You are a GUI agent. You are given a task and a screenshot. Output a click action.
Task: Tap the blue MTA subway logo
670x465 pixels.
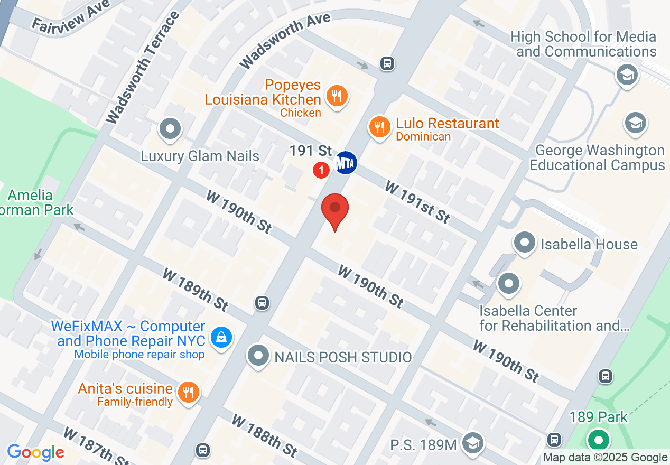click(346, 163)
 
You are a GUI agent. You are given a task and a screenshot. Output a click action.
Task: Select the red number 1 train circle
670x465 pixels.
click(321, 170)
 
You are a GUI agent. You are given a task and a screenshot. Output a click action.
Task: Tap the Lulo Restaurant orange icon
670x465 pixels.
click(379, 127)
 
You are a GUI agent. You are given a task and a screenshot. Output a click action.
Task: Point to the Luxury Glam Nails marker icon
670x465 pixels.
click(171, 128)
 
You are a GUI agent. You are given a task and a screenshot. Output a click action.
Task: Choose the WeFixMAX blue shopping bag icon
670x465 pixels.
click(221, 337)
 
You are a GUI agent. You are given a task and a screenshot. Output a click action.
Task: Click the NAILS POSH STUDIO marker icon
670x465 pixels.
click(258, 356)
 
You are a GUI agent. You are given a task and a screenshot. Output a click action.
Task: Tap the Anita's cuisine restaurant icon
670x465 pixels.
click(187, 392)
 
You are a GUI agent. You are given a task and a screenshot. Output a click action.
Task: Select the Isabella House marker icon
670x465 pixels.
click(524, 243)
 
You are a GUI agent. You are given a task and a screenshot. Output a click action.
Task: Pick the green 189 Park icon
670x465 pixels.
click(598, 440)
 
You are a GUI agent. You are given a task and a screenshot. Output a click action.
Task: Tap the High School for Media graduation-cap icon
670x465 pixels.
click(627, 75)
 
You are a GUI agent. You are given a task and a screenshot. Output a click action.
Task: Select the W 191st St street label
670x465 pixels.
click(417, 202)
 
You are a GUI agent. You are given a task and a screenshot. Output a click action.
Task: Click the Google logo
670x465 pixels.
click(35, 453)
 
